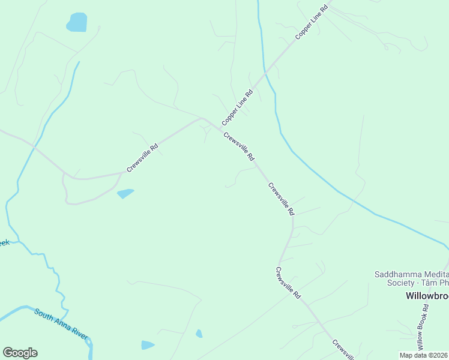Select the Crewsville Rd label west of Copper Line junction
click(x=142, y=157)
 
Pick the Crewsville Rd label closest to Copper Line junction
click(x=238, y=146)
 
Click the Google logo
click(x=20, y=353)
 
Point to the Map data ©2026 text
click(x=424, y=355)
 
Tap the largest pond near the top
click(x=77, y=22)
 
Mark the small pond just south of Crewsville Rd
click(x=125, y=193)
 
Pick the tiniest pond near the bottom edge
click(x=199, y=334)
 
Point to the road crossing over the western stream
click(x=34, y=147)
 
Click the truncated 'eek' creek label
click(x=4, y=242)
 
